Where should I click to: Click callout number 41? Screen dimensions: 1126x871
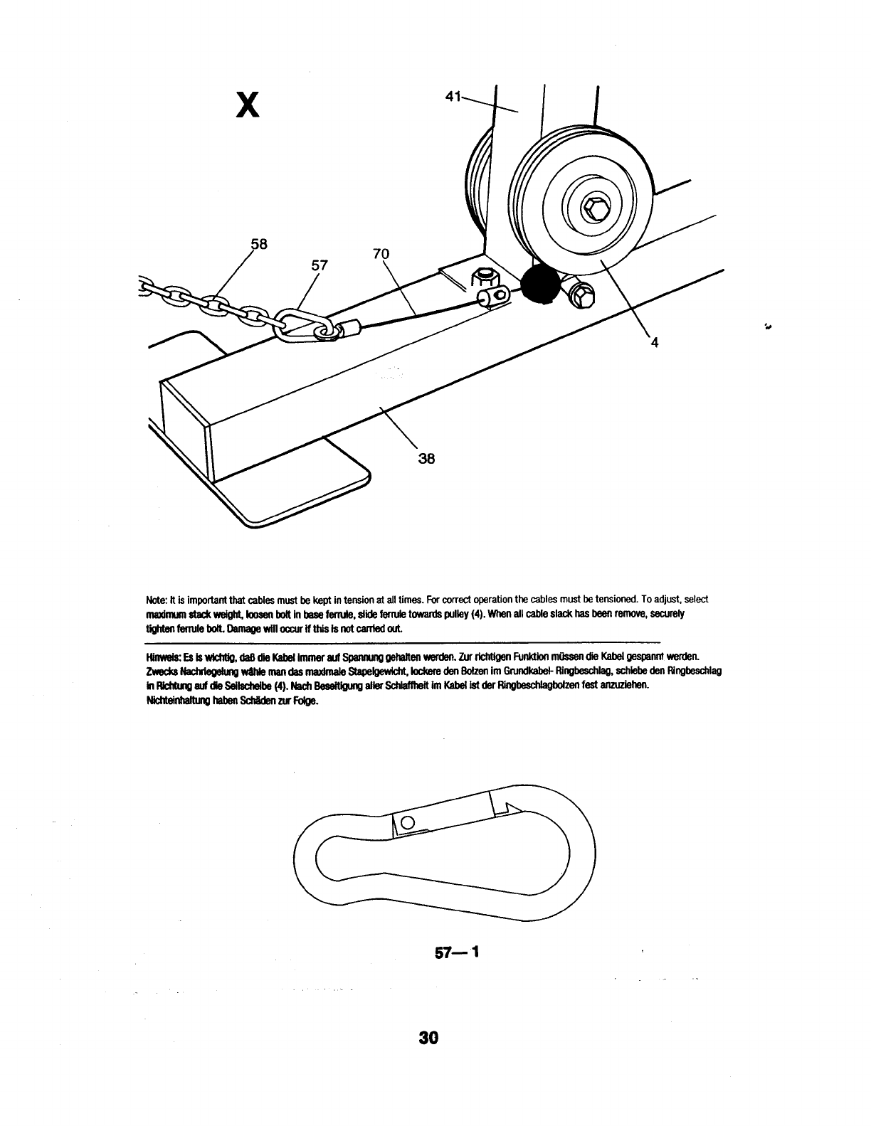coord(453,95)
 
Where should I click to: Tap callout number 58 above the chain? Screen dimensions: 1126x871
coord(258,244)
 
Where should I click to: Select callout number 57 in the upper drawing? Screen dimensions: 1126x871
coord(320,265)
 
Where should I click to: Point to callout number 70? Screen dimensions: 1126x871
coord(381,253)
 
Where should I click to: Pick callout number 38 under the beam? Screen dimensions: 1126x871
coord(426,458)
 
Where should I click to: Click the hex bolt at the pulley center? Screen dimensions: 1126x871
coord(593,209)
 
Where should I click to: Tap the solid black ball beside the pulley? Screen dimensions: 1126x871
coord(541,285)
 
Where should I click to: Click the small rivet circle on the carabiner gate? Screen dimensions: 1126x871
coord(408,822)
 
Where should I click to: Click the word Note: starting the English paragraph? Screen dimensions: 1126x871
coord(156,600)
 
